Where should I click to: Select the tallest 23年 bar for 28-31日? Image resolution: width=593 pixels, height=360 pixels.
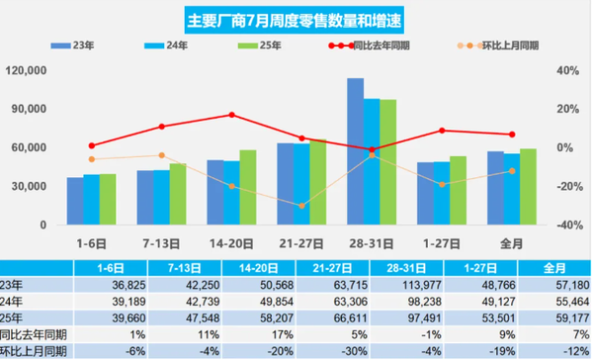(x=355, y=151)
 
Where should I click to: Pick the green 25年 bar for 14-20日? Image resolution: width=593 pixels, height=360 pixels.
(x=247, y=187)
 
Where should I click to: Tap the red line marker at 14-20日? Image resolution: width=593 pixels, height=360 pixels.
(x=232, y=115)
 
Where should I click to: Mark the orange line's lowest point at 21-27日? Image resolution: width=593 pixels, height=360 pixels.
(x=302, y=206)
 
